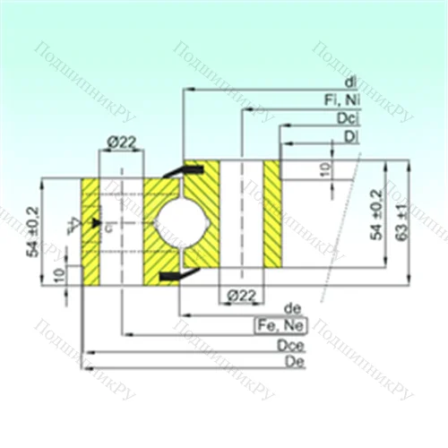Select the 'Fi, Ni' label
coord(343,99)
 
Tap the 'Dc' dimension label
coord(345,117)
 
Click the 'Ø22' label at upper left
coord(120,140)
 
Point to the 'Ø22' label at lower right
coord(239,294)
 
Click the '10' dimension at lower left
coord(59,274)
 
